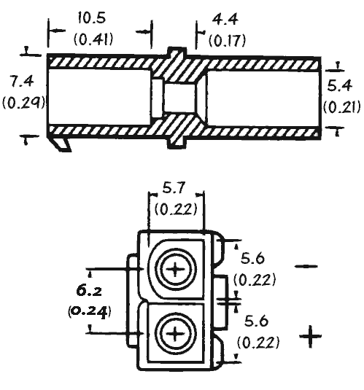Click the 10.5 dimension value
pos(92,18)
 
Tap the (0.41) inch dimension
pos(93,39)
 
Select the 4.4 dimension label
pos(225,20)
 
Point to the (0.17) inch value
pos(227,41)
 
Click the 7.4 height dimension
pos(21,82)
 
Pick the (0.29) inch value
pos(23,102)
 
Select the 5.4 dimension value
pos(340,85)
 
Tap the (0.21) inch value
pos(341,107)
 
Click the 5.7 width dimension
pos(174,187)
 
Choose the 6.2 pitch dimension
pos(90,290)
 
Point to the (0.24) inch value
pos(89,311)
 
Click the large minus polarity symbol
pos(306,266)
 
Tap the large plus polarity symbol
pos(310,336)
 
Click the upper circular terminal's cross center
pos(175,269)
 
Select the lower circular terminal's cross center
pos(175,334)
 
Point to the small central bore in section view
pos(179,98)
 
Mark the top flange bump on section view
pos(177,51)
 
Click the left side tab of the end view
pos(133,300)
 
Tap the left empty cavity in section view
pos(100,96)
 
